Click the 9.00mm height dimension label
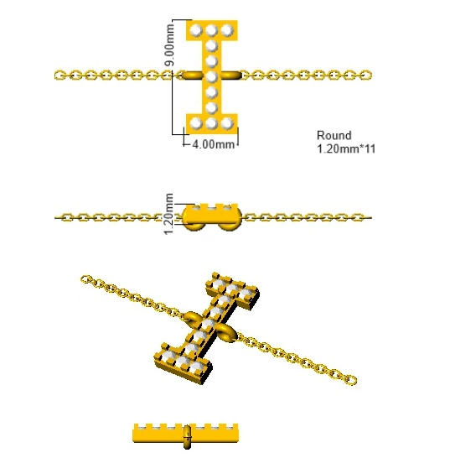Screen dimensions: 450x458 click(x=169, y=45)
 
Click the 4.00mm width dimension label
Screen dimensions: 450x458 click(x=214, y=144)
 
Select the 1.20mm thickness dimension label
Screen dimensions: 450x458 click(x=169, y=214)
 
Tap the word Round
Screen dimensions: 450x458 click(x=334, y=136)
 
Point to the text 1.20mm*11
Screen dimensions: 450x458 click(x=346, y=149)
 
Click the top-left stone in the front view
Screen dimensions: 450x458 click(x=196, y=30)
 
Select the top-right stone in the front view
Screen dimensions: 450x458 click(x=227, y=30)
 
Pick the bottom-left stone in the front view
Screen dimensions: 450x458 click(x=196, y=123)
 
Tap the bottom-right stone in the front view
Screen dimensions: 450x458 click(x=227, y=123)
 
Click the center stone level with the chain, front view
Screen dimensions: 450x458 click(x=211, y=77)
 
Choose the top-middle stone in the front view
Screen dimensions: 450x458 click(x=211, y=30)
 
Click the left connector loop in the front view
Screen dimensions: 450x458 click(x=192, y=75)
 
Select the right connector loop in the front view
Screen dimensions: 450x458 click(x=230, y=75)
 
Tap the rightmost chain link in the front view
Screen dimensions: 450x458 click(x=365, y=75)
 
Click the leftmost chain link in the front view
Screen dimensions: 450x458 click(x=60, y=75)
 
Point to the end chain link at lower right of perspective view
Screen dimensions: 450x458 click(x=351, y=380)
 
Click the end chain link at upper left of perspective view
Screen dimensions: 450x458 click(x=85, y=279)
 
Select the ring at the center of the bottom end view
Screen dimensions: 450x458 click(x=187, y=437)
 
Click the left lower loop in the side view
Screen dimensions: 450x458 click(x=194, y=226)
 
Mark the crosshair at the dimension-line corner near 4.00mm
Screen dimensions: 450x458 click(x=184, y=135)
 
